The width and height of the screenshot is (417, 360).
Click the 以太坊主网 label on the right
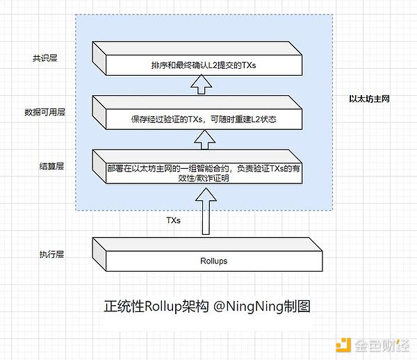[x=368, y=99]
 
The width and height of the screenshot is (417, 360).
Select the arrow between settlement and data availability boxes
[x=204, y=140]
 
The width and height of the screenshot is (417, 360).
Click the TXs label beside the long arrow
[x=173, y=220]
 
